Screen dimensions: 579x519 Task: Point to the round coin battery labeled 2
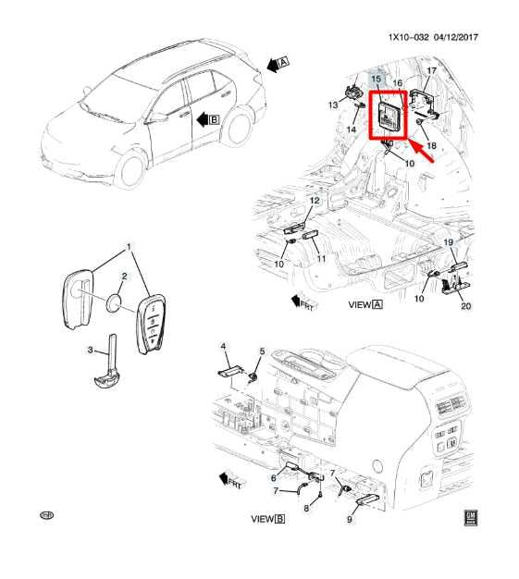[x=114, y=301]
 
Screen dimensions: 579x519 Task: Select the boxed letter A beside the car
[x=284, y=61]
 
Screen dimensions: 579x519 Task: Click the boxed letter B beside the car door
[x=214, y=118]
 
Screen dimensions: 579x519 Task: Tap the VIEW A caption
[x=365, y=303]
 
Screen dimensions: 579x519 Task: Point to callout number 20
[x=465, y=306]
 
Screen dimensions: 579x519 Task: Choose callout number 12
[x=314, y=201]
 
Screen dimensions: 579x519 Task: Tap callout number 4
[x=223, y=346]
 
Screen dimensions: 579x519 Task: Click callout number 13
[x=333, y=106]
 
